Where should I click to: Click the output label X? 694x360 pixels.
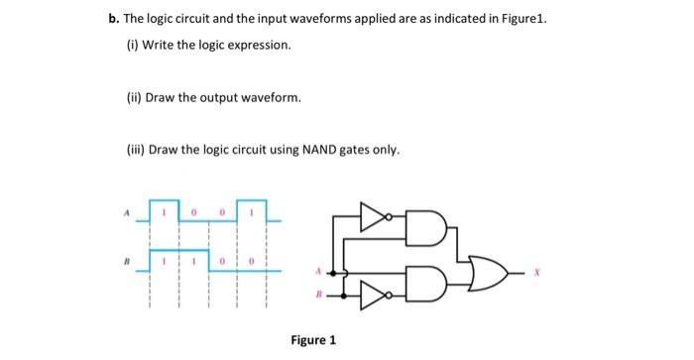(535, 269)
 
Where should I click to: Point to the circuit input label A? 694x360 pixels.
(318, 270)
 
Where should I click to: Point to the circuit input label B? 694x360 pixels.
(318, 294)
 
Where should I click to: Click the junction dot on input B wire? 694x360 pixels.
(342, 294)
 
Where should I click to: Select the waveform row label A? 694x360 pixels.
(126, 210)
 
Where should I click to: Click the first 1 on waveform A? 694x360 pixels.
(165, 211)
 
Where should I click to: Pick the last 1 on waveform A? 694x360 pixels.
(253, 211)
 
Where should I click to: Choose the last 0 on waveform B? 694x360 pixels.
(253, 261)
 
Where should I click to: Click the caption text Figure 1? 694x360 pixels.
(313, 340)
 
